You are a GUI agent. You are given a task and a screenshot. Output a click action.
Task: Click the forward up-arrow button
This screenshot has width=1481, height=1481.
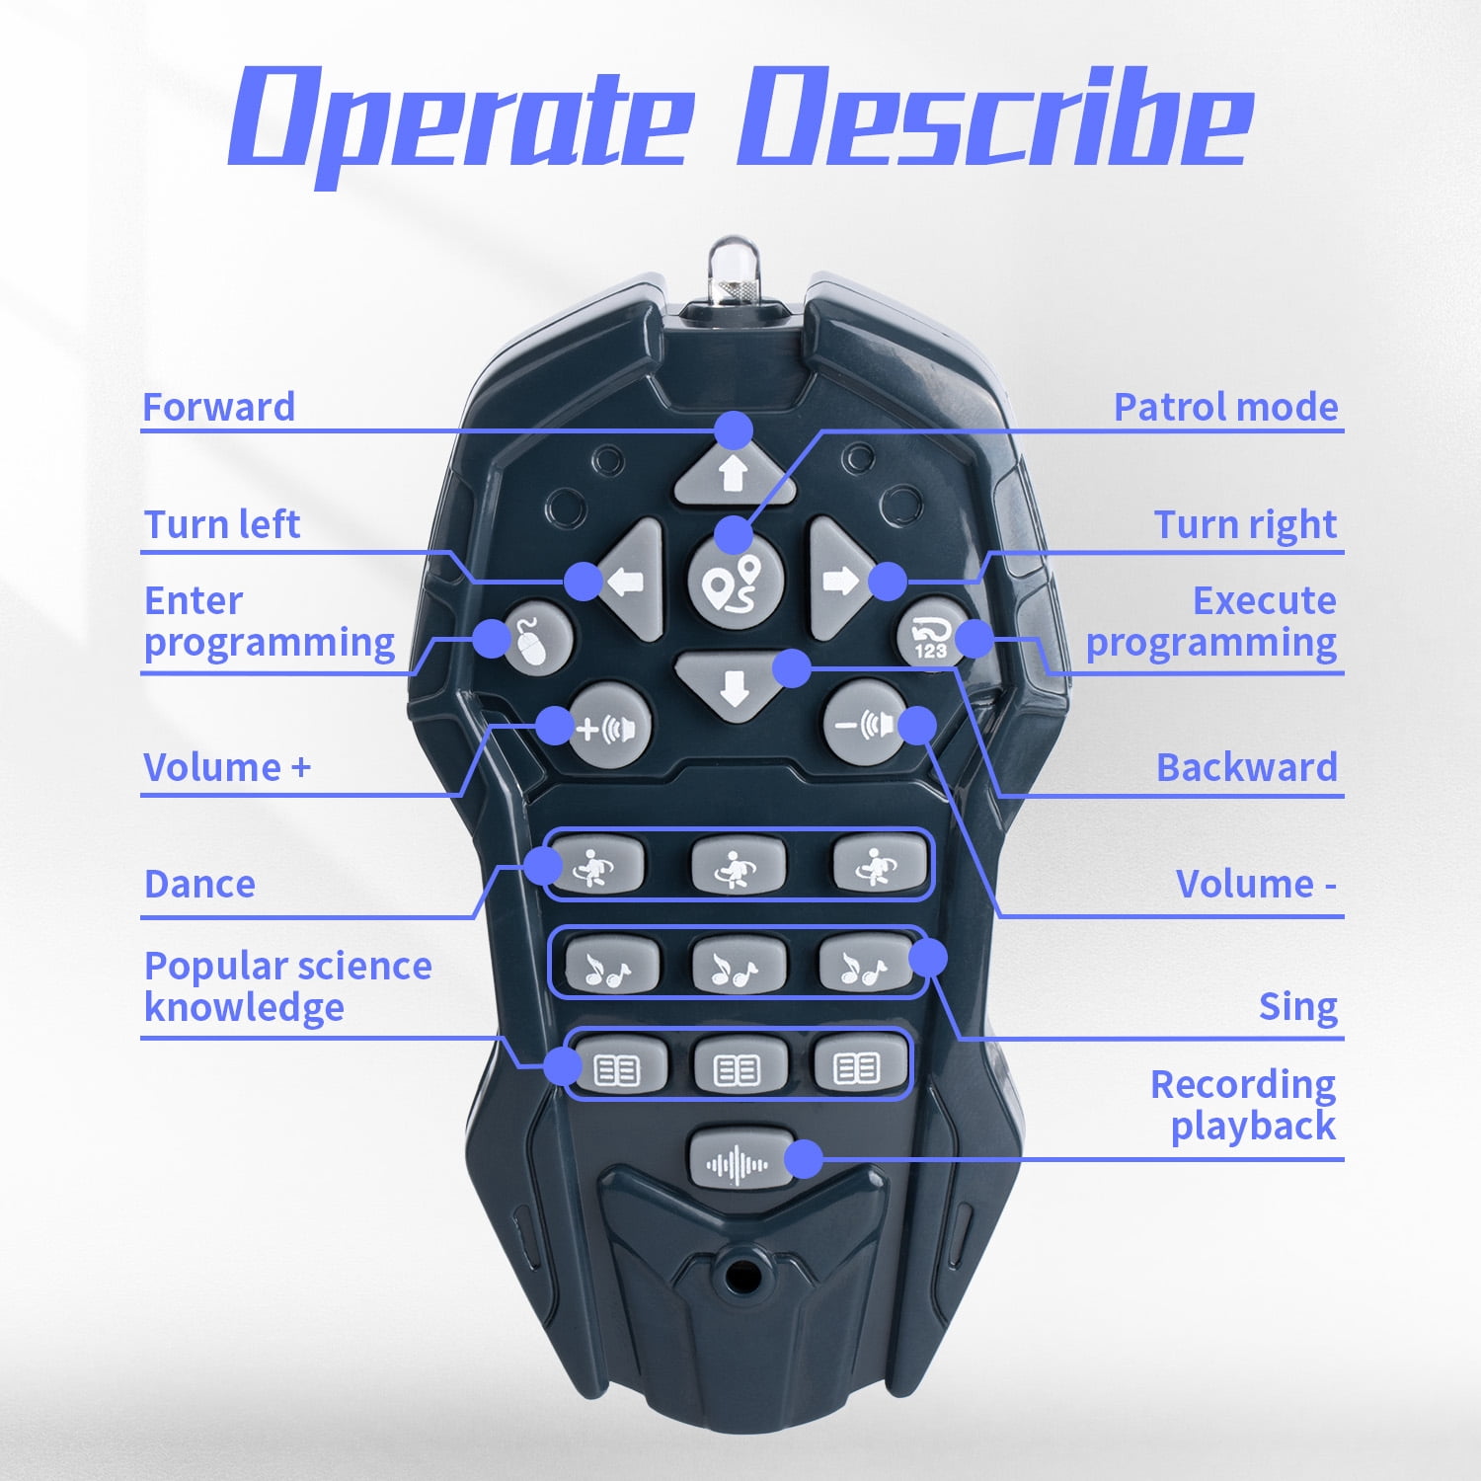click(x=733, y=472)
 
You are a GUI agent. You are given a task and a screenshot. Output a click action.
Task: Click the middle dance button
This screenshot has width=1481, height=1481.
click(x=738, y=864)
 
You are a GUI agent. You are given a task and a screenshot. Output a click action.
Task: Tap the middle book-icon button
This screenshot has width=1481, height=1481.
click(x=740, y=1066)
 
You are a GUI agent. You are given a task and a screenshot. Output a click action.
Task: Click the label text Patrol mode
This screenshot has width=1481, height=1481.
click(x=1225, y=407)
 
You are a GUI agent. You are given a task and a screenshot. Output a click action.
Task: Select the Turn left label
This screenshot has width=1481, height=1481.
click(x=221, y=524)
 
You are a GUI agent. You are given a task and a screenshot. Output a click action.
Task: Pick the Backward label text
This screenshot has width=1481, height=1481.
click(x=1247, y=767)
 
